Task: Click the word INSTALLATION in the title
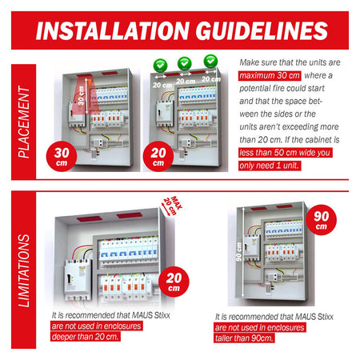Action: coord(113,30)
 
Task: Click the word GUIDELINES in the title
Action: coord(262,30)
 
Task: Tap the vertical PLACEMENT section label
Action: coord(23,122)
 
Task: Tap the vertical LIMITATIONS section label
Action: coord(23,270)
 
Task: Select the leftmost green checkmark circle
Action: coord(160,65)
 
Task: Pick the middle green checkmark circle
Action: coord(185,63)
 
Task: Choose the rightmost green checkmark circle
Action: coord(210,61)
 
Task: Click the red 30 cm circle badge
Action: coord(62,156)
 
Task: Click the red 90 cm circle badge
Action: coord(322,220)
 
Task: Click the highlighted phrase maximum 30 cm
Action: coord(270,76)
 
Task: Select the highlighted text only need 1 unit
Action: coord(270,166)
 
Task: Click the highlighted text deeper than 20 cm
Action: coord(85,337)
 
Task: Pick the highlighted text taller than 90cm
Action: coord(244,338)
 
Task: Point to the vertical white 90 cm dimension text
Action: coord(239,252)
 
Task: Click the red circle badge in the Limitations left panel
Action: coord(174,282)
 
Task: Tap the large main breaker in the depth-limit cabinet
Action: coord(78,279)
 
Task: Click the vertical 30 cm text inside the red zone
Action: coord(81,95)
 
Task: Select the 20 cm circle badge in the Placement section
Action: coord(158,156)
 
